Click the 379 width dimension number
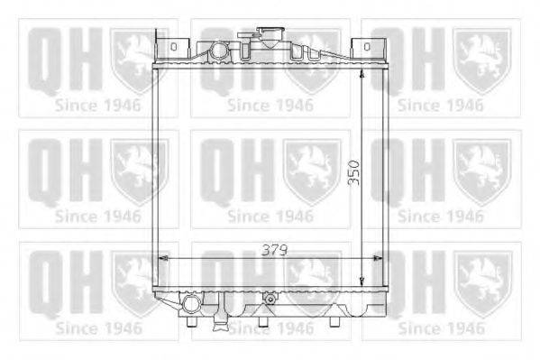pos(274,250)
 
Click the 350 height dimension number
pos(353,172)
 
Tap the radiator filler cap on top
pos(271,37)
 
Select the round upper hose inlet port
pos(219,51)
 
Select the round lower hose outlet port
pos(191,304)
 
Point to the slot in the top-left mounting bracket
pos(174,46)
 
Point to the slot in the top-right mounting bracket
pos(367,46)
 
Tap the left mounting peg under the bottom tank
pos(191,321)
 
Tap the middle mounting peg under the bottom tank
pos(262,321)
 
